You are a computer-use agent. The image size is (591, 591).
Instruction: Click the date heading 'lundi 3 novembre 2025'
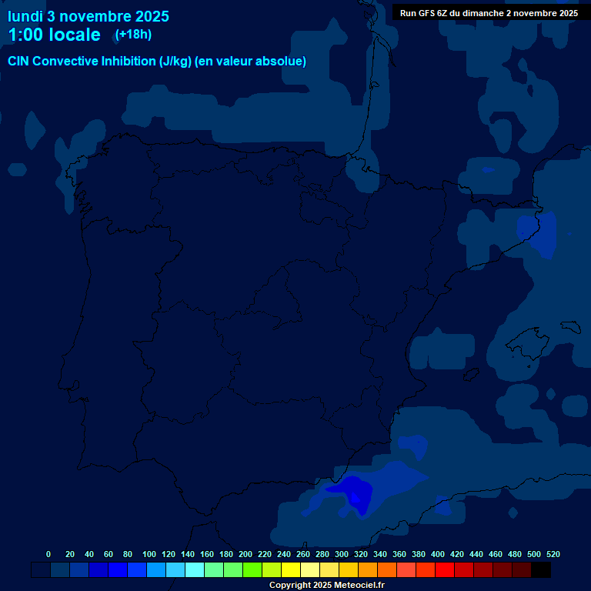coord(88,16)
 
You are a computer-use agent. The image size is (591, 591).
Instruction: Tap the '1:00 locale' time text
coord(54,35)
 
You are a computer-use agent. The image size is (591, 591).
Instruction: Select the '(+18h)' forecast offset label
coord(133,35)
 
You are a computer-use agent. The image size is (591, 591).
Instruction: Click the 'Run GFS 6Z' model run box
coord(489,13)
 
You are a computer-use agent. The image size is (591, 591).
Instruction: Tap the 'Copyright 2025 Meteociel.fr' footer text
coord(326,585)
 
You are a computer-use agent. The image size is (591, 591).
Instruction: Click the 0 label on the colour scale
coord(48,554)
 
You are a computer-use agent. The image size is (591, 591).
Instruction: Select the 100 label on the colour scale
coord(149,554)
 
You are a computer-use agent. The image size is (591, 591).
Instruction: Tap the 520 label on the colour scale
coord(553,554)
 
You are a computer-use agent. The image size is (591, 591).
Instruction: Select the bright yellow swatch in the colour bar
coord(291,569)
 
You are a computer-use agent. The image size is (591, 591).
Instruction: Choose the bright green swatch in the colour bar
coord(252,569)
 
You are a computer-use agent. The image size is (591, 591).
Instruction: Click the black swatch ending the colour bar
coord(541,569)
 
